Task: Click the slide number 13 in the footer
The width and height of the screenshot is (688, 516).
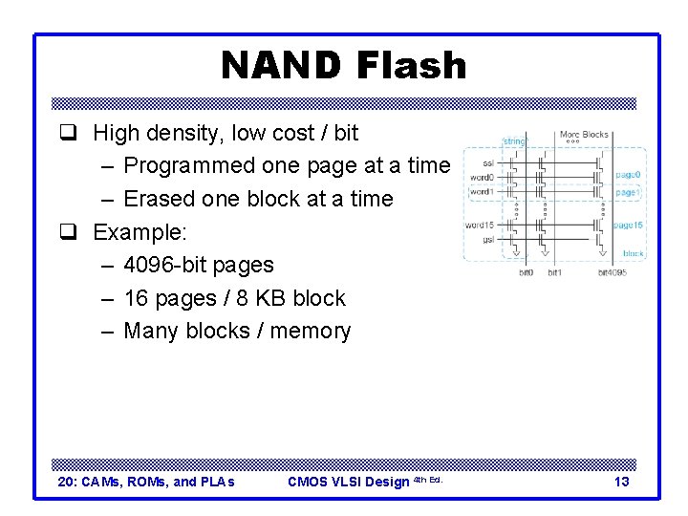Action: click(x=621, y=482)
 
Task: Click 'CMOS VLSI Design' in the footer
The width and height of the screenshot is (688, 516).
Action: click(x=348, y=482)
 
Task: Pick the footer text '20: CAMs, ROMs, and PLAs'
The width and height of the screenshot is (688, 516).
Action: click(x=146, y=482)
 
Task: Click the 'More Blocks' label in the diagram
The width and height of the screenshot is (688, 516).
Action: click(x=583, y=135)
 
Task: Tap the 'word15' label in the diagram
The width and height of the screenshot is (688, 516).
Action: click(x=479, y=226)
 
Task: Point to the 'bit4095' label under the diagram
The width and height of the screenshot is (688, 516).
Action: click(x=612, y=273)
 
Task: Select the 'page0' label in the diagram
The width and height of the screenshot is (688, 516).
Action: click(x=627, y=176)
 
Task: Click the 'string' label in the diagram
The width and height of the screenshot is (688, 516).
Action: click(x=514, y=142)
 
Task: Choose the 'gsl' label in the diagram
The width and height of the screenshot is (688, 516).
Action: click(x=487, y=240)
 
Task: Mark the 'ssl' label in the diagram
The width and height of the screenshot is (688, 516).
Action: click(x=487, y=162)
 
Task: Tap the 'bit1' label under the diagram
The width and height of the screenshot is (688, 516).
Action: click(x=554, y=273)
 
